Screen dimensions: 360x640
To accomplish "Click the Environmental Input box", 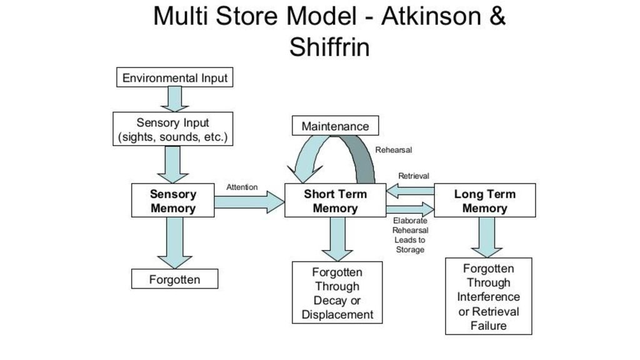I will [175, 78].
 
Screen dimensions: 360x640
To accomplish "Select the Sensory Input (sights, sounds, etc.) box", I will [173, 129].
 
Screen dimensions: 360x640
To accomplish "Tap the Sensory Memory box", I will [173, 201].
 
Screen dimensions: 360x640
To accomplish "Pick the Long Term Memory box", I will [484, 201].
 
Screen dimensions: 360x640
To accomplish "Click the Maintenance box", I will [335, 126].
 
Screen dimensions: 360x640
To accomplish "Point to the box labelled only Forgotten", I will [174, 279].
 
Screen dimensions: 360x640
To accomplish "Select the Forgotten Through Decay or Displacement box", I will [337, 293].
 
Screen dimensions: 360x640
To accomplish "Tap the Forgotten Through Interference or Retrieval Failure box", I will [488, 297].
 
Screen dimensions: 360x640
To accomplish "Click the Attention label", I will [242, 187].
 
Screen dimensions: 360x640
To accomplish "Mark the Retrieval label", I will [414, 176].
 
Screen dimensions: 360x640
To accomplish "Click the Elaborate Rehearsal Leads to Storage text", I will [410, 235].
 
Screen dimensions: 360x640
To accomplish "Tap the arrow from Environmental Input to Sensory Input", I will [175, 99].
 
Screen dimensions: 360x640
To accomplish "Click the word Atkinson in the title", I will [429, 17].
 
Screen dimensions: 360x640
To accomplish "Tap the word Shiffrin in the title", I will [329, 47].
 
